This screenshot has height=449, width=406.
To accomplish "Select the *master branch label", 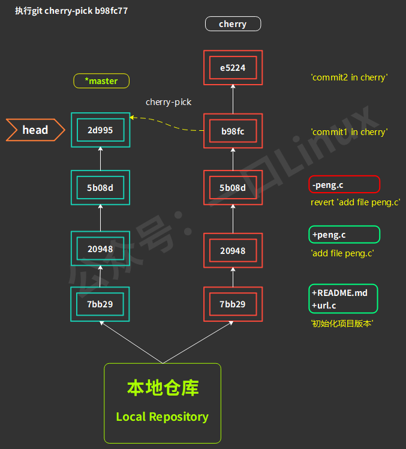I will [x=101, y=81].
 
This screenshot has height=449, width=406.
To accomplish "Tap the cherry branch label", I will [x=233, y=24].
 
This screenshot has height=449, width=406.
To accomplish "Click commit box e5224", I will [x=233, y=68].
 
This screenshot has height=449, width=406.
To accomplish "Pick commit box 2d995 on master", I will [x=100, y=130].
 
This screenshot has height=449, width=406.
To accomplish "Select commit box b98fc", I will [x=233, y=131].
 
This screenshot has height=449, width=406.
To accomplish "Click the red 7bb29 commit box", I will [x=233, y=304].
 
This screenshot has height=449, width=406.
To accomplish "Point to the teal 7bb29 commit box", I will [x=100, y=304].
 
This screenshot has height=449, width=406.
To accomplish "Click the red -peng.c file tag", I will [x=344, y=184].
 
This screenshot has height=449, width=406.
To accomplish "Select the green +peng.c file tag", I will [x=344, y=234].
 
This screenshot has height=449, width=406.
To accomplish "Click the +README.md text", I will [x=339, y=293].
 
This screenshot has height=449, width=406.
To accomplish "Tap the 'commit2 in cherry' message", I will [x=349, y=77].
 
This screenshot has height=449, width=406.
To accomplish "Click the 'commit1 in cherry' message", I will [x=349, y=131].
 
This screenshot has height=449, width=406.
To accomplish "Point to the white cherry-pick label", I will [x=169, y=102].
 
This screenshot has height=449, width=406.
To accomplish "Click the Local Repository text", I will [x=162, y=417].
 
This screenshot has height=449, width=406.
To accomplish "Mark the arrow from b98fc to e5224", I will [x=233, y=99].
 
